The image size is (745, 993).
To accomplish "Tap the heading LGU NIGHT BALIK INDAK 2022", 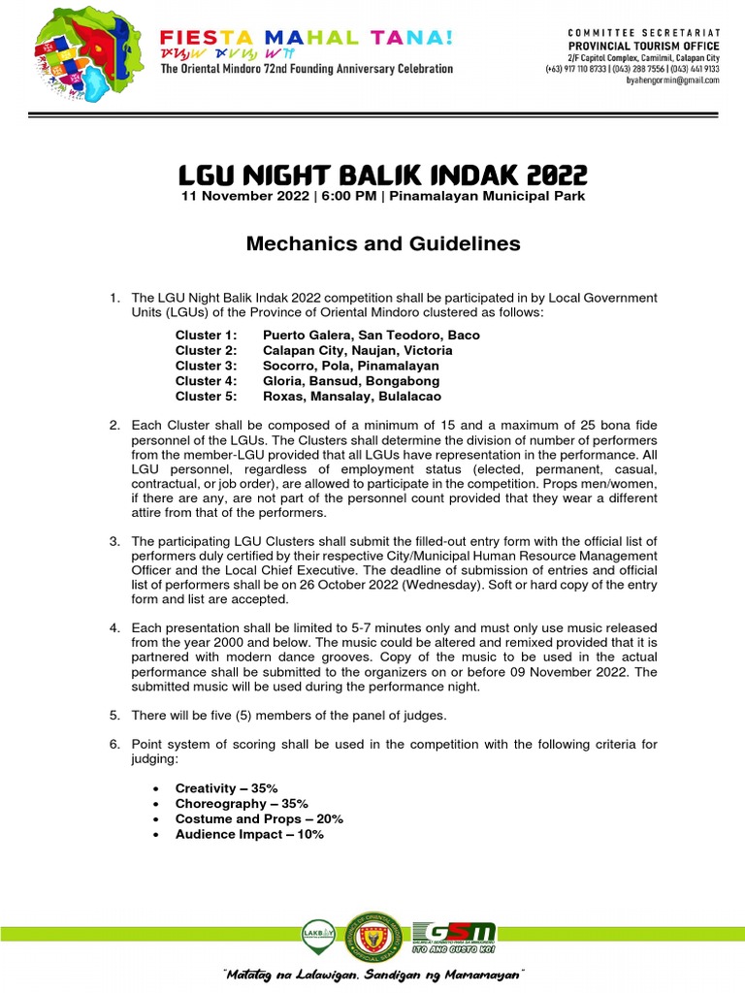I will [x=383, y=176].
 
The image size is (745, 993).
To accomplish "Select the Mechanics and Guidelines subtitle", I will [x=382, y=243].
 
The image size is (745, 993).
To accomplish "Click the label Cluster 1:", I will [x=206, y=336].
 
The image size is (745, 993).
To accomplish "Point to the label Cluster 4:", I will [x=206, y=382].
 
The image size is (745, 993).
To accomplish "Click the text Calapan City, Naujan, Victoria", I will [x=357, y=351].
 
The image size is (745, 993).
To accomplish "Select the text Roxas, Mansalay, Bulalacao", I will [x=351, y=398].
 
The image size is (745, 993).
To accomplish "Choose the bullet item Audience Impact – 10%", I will [x=249, y=835].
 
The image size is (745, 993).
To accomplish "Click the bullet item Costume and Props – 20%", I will [x=259, y=819].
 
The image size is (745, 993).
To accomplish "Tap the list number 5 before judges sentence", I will [x=113, y=716].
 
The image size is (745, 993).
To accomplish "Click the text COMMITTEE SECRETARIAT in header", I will [x=642, y=33].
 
